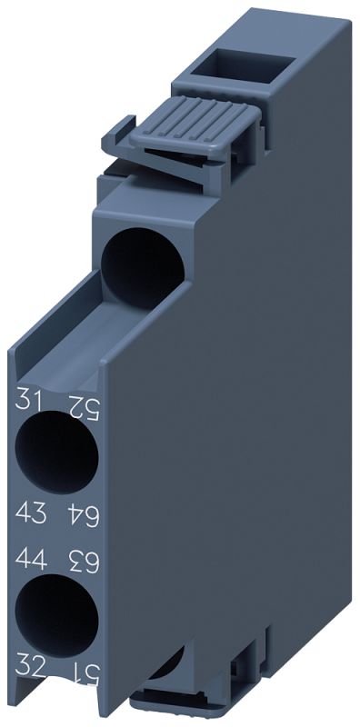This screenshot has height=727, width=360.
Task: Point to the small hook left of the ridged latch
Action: pos(120,136)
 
